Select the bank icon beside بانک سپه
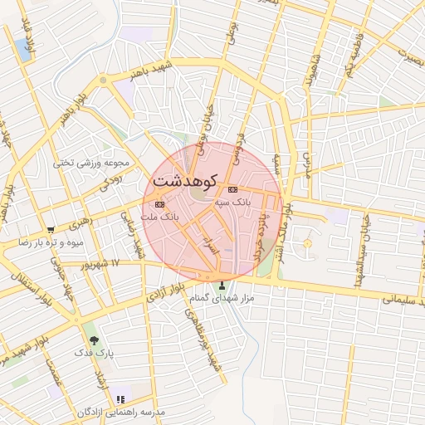(232, 189)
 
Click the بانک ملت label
(160, 216)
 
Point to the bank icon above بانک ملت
(159, 204)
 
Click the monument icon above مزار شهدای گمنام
(221, 285)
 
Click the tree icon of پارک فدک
(92, 339)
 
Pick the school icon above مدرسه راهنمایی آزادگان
(121, 399)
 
